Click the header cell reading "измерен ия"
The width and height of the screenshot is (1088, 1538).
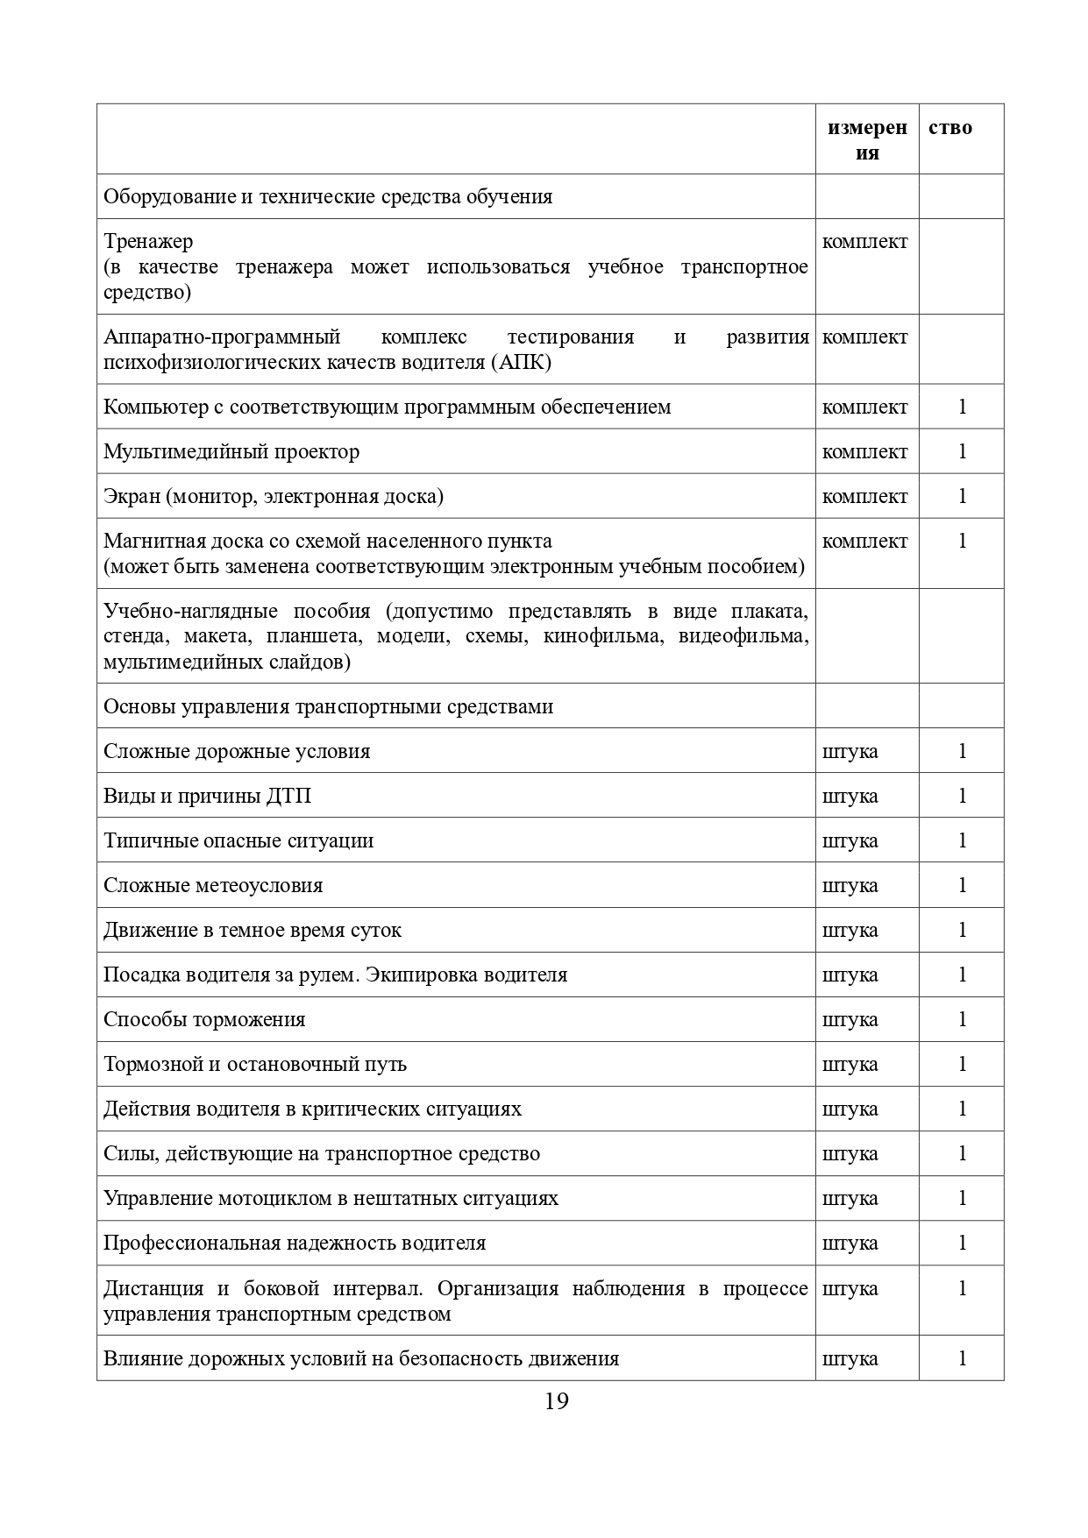867,140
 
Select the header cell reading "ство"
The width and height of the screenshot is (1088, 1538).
950,128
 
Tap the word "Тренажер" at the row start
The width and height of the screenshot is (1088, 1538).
148,241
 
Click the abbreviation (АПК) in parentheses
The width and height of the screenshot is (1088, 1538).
521,362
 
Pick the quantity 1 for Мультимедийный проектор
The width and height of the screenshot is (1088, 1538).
962,451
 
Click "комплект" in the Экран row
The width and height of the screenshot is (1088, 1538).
864,496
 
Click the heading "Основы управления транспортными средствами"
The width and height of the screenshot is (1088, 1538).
328,706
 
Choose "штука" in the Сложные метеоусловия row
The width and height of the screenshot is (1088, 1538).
850,885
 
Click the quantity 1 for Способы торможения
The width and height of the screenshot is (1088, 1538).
962,1019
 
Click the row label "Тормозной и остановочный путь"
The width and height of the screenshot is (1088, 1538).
254,1064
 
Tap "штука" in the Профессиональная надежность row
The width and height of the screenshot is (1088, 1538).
850,1243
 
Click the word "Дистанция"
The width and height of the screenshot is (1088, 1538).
153,1288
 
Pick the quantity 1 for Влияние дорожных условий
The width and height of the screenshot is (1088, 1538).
962,1358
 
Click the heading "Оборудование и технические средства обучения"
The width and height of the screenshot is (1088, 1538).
328,196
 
